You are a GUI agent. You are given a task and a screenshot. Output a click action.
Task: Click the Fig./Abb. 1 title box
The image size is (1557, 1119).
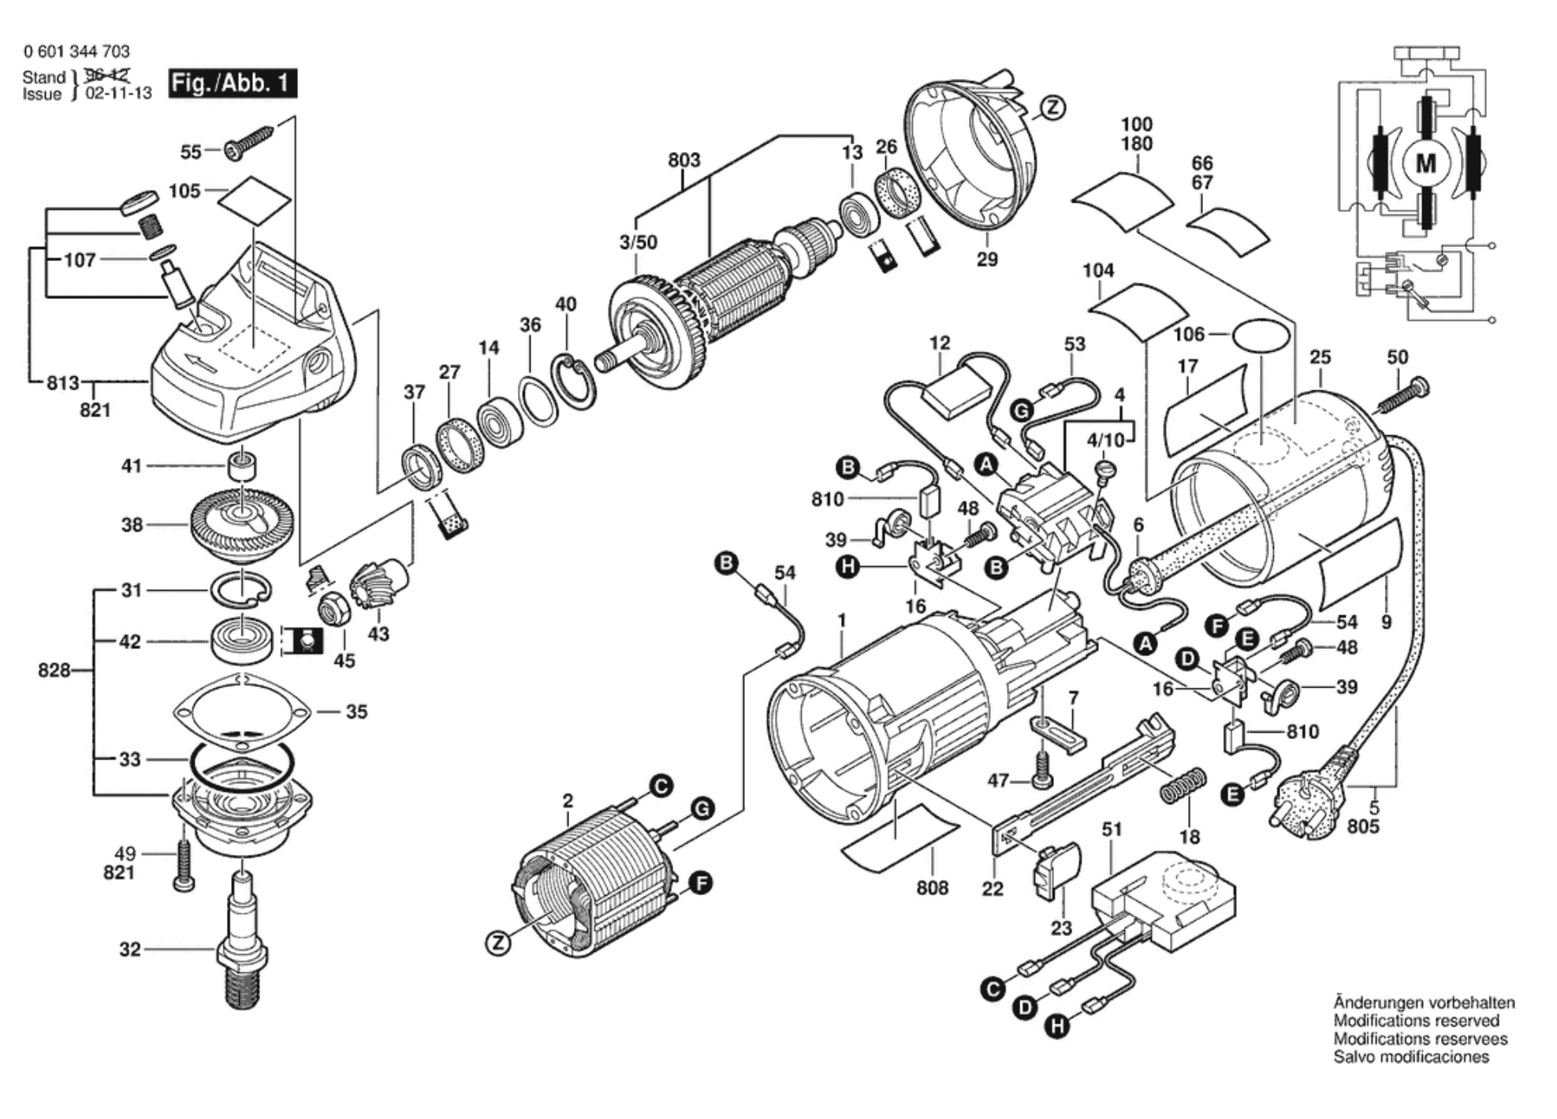[x=233, y=83]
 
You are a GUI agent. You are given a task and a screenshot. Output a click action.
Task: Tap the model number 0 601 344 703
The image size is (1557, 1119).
[x=76, y=51]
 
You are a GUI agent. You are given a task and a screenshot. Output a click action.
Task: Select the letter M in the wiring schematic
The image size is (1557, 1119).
[x=1426, y=164]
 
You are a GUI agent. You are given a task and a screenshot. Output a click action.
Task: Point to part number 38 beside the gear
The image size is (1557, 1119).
[x=132, y=524]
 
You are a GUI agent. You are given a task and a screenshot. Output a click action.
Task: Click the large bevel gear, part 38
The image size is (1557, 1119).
[x=241, y=523]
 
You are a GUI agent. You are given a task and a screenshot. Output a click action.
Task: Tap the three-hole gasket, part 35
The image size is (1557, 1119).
[x=240, y=712]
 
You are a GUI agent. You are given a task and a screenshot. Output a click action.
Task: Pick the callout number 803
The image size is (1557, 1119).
[x=684, y=160]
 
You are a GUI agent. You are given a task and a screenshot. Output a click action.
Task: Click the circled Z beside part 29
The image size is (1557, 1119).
[x=1052, y=108]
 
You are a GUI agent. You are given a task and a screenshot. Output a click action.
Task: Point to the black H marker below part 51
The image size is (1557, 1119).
[x=1057, y=1026]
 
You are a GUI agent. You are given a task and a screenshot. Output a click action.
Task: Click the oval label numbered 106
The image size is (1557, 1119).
[x=1261, y=334]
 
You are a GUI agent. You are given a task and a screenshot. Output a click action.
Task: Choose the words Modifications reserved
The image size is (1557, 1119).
[x=1416, y=1020]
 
